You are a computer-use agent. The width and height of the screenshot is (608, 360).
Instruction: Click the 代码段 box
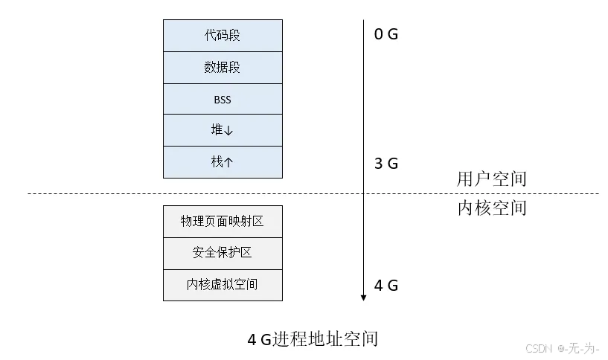pos(223,36)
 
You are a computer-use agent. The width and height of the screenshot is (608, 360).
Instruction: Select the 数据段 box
pos(223,68)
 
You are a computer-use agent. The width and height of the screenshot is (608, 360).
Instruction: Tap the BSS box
pos(223,99)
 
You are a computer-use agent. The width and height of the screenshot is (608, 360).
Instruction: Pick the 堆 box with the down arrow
pos(223,130)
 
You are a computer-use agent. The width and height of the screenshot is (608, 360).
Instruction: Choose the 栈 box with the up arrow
pos(223,162)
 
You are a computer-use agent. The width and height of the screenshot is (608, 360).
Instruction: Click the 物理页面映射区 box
pos(223,222)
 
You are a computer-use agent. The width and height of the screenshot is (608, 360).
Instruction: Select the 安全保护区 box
pos(223,253)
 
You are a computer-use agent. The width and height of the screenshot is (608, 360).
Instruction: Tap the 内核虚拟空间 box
pos(223,284)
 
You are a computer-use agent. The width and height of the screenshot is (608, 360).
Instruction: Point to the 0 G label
pos(386,34)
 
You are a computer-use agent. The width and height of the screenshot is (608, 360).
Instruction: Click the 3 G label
pos(386,164)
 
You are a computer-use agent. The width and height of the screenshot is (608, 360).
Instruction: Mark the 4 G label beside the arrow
pos(386,285)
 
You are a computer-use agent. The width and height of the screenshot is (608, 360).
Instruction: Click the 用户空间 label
pos(491,179)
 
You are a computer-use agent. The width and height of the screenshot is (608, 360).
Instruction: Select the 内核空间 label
pos(491,208)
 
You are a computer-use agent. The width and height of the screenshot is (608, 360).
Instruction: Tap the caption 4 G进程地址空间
pos(313,340)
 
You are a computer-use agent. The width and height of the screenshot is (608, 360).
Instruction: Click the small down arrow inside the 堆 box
pos(228,131)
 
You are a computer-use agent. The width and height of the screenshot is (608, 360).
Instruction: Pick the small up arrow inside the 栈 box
pos(228,162)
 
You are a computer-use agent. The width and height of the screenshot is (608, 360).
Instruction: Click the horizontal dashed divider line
pos(112,194)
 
